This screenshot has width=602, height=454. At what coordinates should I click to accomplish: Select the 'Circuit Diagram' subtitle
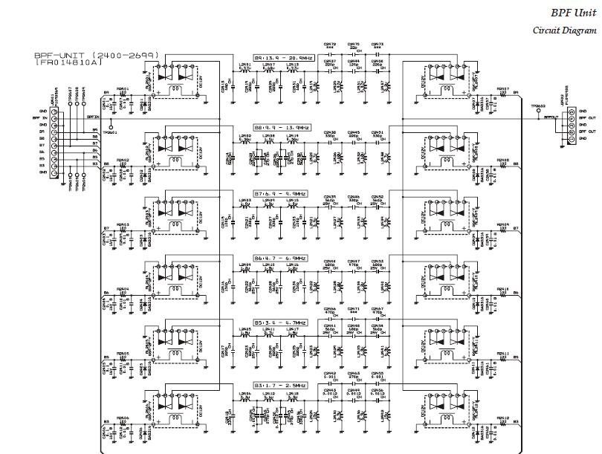click(x=565, y=30)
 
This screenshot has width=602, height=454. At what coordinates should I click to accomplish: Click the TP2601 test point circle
click(x=111, y=126)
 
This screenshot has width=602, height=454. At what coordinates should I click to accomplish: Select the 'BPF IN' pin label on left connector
click(x=38, y=117)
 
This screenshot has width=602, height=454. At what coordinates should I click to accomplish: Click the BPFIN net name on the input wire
click(x=92, y=117)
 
